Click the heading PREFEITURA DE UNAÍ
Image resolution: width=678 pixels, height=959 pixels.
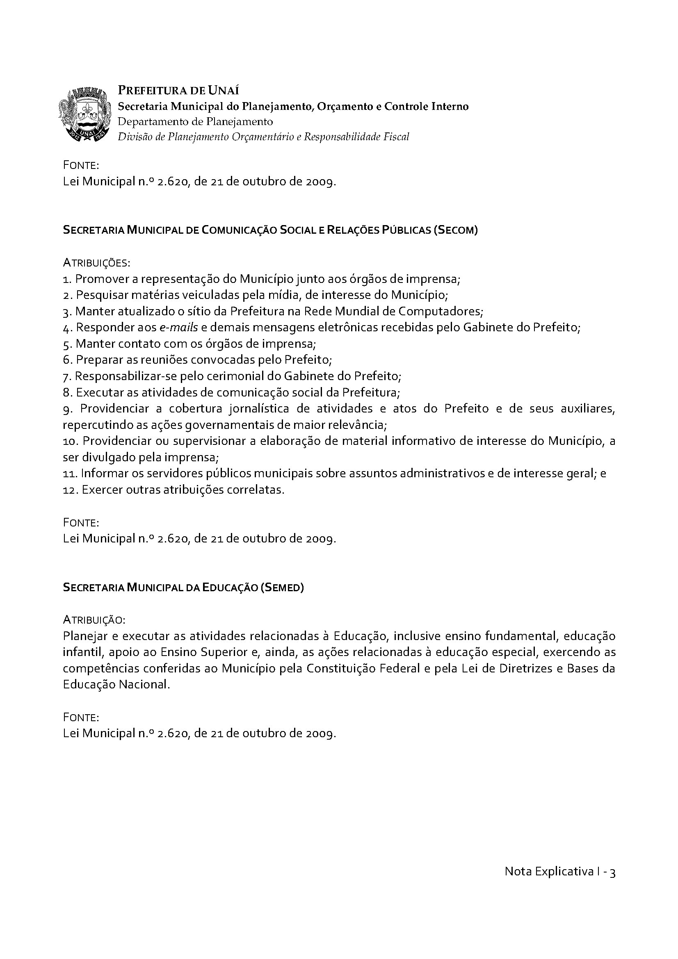point(178,90)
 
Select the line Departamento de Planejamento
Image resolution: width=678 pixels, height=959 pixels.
point(195,121)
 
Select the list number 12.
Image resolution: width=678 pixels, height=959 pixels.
point(69,490)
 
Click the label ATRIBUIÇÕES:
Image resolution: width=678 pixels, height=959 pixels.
point(96,263)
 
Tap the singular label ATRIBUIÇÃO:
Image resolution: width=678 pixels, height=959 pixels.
point(94,620)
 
